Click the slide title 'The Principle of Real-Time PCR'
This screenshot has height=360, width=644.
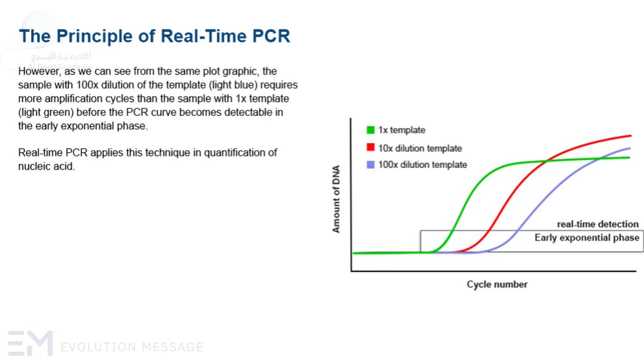click(x=155, y=36)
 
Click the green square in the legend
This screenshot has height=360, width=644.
click(x=370, y=130)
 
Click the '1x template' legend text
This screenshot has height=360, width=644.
click(x=402, y=130)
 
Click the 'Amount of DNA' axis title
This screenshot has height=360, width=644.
click(x=336, y=199)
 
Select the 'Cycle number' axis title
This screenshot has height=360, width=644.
click(x=496, y=284)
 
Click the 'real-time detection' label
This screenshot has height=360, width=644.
click(x=597, y=224)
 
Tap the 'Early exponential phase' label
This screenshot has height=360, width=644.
click(x=587, y=238)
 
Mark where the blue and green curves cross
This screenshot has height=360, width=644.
click(x=600, y=158)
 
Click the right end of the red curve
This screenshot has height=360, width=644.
click(x=630, y=136)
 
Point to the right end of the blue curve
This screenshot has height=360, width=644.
click(x=629, y=148)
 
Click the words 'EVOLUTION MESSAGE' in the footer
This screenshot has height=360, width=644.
click(x=132, y=347)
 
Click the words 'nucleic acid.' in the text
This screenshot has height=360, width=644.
click(x=47, y=166)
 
